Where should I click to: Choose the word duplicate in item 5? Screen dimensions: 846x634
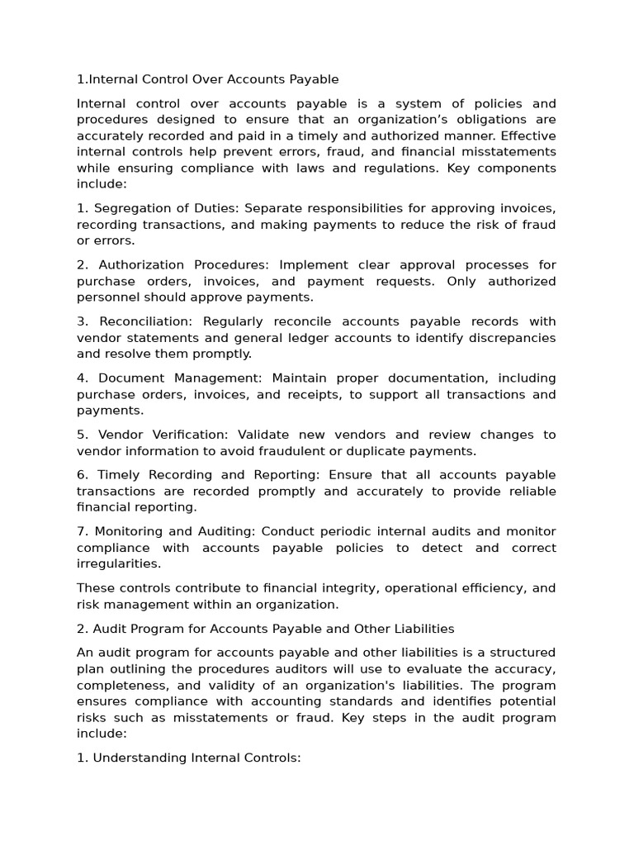coord(384,451)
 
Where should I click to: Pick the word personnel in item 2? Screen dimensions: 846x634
coord(107,297)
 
